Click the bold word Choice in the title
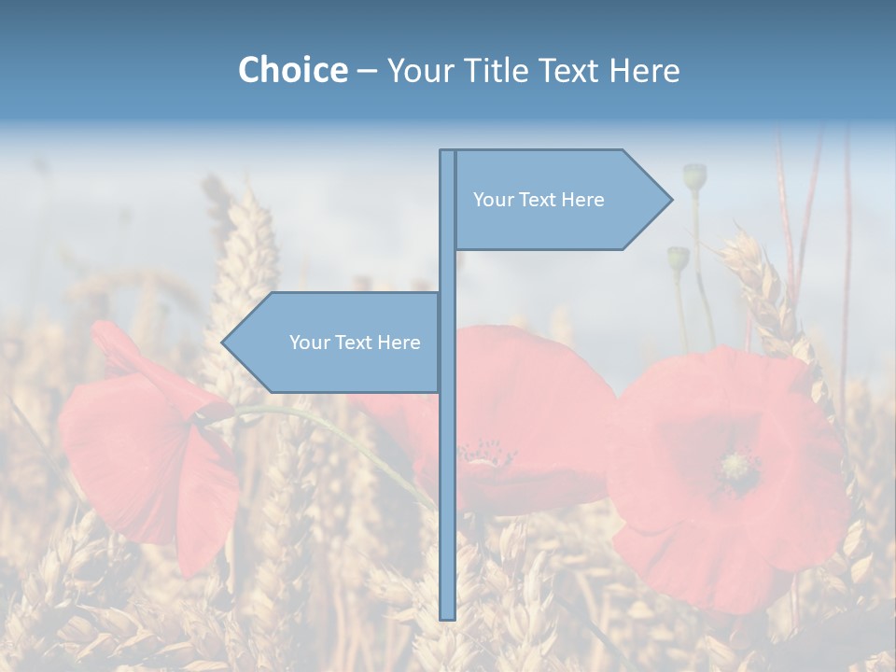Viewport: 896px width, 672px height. (292, 70)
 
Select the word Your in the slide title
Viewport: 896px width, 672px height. (420, 70)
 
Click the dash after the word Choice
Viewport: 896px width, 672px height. (367, 71)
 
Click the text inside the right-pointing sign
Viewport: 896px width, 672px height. (539, 200)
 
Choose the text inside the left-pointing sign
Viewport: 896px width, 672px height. (355, 343)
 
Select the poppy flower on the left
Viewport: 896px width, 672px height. (149, 439)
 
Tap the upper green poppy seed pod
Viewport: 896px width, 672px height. (694, 175)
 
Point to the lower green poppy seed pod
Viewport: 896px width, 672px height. (678, 258)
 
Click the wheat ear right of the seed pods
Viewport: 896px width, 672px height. (761, 280)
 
